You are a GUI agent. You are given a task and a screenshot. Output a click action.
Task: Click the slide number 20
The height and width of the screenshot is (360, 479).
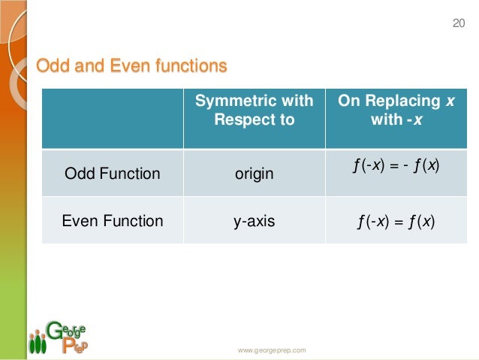click(459, 24)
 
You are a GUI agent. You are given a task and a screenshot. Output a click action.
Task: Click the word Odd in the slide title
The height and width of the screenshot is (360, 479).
click(53, 66)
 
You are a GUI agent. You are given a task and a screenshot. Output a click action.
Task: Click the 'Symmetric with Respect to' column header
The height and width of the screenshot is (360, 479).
click(254, 110)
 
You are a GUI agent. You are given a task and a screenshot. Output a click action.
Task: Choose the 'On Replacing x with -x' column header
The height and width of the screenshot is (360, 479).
click(396, 110)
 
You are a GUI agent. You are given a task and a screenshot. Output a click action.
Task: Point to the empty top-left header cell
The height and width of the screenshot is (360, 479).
click(112, 118)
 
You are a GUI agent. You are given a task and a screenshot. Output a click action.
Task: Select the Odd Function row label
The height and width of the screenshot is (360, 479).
click(112, 174)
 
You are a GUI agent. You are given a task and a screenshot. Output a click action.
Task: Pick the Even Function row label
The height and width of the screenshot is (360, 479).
click(112, 221)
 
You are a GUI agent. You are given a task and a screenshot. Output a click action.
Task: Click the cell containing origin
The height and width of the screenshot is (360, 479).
click(254, 174)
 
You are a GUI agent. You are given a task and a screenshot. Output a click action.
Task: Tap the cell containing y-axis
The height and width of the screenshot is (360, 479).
click(254, 221)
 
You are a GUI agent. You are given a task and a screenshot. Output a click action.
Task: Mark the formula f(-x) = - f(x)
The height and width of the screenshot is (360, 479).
click(396, 164)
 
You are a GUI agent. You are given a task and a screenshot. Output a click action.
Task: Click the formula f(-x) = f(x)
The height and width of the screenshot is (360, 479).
click(396, 221)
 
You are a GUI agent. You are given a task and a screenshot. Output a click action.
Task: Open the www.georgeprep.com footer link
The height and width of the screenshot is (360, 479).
click(272, 350)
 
